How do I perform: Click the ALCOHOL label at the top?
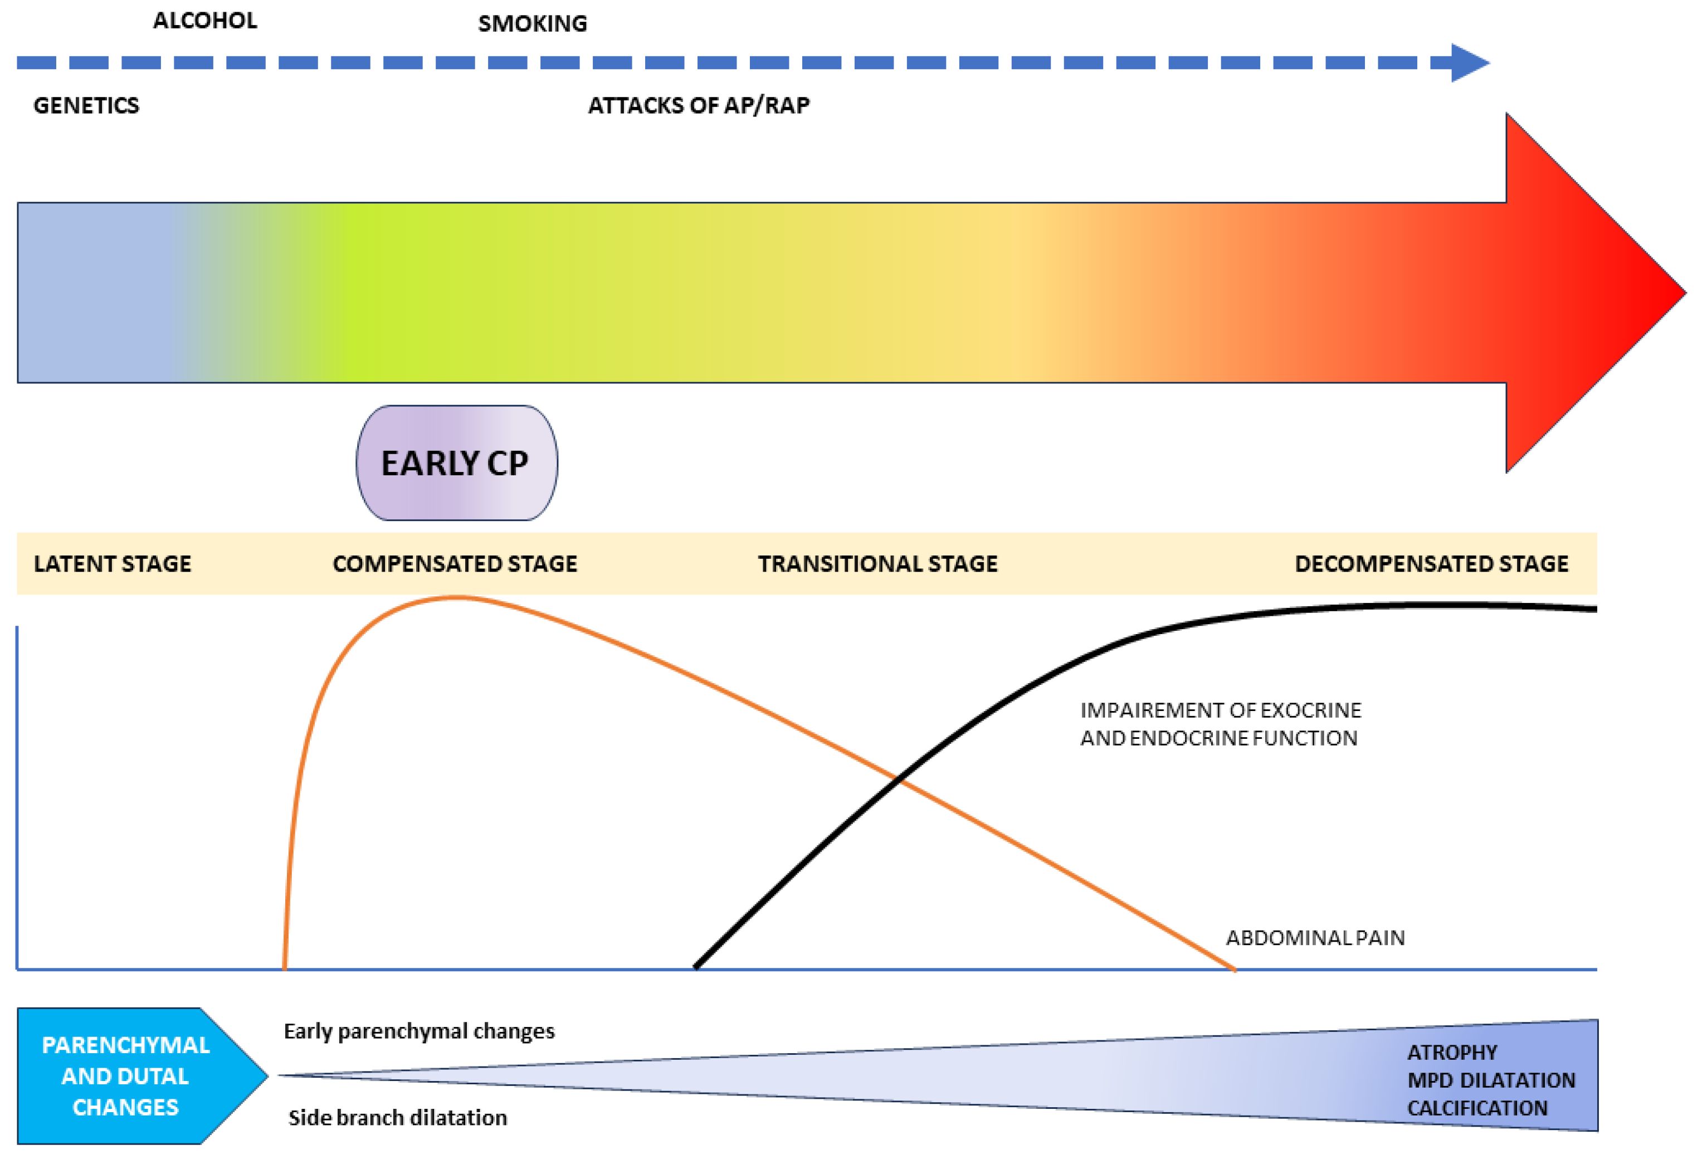(x=205, y=21)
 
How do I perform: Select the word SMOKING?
(x=533, y=23)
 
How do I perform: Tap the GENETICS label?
(x=86, y=105)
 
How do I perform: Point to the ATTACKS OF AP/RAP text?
(x=699, y=105)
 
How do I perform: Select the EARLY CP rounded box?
(x=456, y=463)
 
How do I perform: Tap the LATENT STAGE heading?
(x=113, y=563)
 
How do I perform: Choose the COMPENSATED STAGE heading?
(x=455, y=563)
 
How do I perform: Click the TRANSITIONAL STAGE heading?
(x=877, y=563)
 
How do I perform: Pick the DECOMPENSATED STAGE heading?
(x=1431, y=563)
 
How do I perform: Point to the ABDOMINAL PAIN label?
(x=1315, y=938)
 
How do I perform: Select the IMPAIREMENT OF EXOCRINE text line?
(x=1220, y=710)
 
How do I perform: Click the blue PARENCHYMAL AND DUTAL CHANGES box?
(x=126, y=1075)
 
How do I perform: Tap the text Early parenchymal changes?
(x=419, y=1031)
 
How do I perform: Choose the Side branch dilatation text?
(x=398, y=1117)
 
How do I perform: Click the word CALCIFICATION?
(x=1477, y=1108)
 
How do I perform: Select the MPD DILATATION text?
(x=1491, y=1080)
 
